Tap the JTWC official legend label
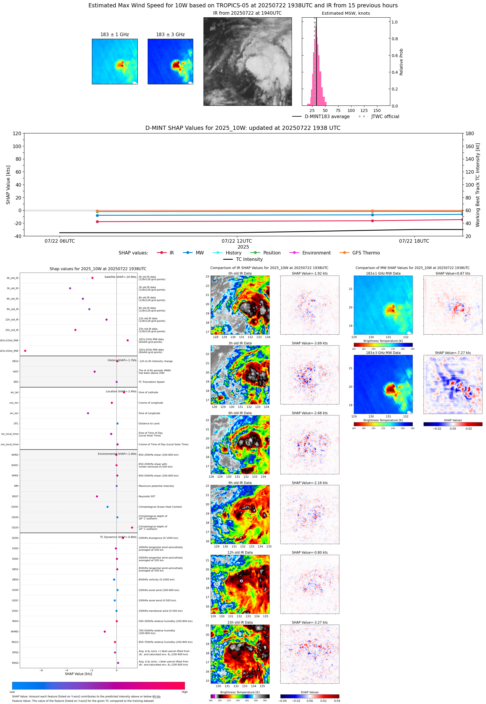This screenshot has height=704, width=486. pos(385,116)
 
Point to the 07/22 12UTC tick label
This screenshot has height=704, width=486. pos(237,241)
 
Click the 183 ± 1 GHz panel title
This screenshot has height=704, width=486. pos(115,35)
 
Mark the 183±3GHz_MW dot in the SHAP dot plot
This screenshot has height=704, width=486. pos(25,351)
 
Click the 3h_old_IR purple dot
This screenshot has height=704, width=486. pos(70,288)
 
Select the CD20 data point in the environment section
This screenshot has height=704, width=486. pos(132,527)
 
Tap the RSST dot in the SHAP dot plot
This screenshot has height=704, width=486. pos(97,496)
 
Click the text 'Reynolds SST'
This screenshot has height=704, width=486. pos(147,496)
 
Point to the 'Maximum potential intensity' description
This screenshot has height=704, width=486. pos(156,486)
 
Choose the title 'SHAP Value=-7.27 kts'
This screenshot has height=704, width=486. pos(453,353)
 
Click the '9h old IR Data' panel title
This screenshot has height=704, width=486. pos(240,483)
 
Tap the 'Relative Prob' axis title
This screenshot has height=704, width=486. pos(401,62)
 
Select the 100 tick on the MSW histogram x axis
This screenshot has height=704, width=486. pos(351,110)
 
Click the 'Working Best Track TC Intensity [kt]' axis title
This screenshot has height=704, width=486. pos(477,185)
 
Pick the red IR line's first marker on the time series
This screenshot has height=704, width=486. pos(97,222)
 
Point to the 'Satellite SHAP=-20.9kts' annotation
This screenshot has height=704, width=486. pos(120,277)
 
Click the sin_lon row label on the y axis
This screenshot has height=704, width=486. pos(14,413)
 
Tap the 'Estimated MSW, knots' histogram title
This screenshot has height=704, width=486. pos(346,14)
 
